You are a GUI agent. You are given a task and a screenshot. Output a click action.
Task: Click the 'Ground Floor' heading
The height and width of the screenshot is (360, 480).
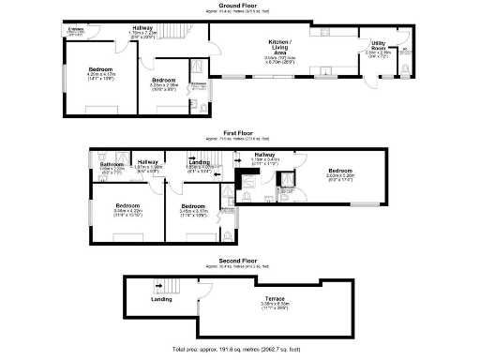point(239,5)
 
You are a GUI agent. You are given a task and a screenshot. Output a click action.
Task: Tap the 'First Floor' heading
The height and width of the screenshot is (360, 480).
point(239,134)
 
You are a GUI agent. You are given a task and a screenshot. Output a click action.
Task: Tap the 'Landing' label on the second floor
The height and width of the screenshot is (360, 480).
point(163,299)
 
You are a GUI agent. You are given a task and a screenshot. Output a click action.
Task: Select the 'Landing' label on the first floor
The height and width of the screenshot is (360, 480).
point(200,161)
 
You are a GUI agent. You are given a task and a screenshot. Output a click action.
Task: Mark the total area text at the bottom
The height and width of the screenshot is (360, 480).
point(239,348)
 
